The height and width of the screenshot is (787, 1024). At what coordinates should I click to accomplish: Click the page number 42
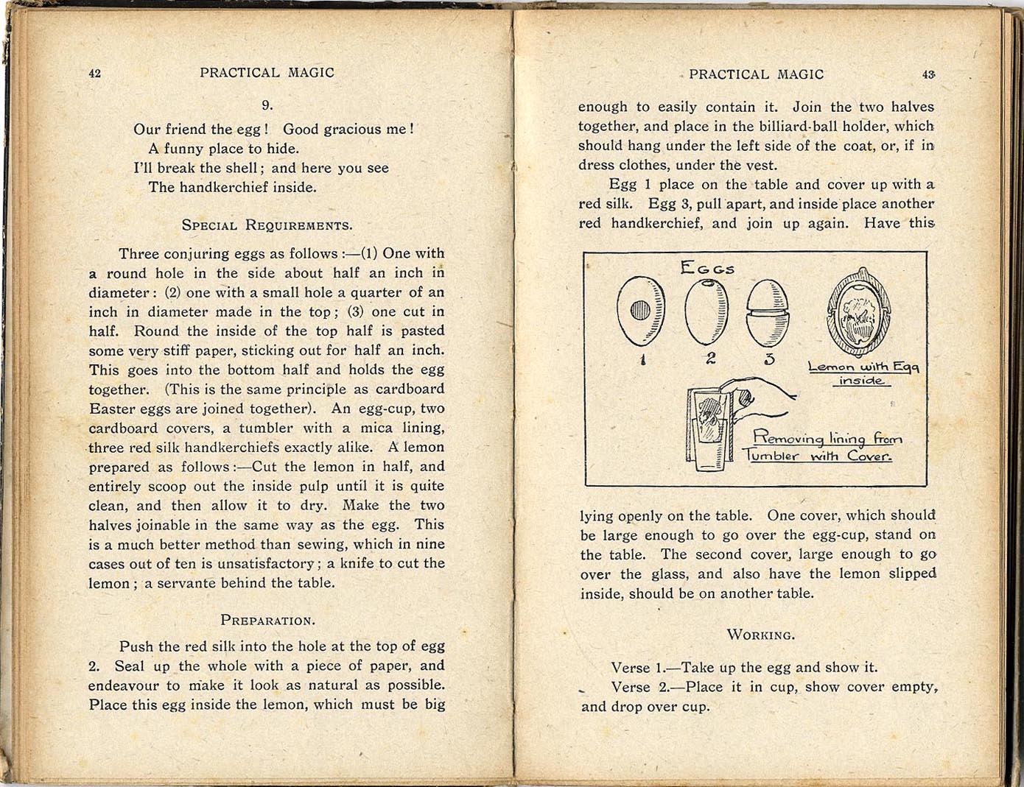(x=94, y=73)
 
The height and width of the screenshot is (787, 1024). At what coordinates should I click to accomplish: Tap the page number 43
(x=928, y=74)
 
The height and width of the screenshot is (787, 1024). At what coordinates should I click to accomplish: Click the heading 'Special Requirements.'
(x=267, y=225)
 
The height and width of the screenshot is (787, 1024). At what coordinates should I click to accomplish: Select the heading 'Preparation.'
(x=267, y=620)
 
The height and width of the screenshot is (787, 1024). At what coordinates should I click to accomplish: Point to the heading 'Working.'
(x=760, y=635)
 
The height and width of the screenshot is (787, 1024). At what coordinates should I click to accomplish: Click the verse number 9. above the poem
(x=267, y=105)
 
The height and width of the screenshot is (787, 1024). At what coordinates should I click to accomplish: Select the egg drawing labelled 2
(x=707, y=312)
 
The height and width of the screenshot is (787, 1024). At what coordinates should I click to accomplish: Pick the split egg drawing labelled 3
(x=768, y=312)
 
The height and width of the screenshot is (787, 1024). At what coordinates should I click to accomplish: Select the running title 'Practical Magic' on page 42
(x=267, y=73)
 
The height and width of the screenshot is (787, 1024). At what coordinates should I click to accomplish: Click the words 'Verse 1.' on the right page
(x=637, y=668)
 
